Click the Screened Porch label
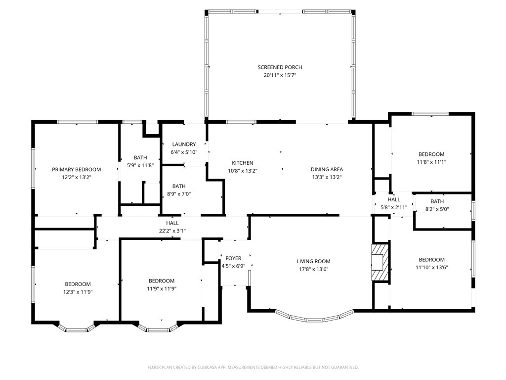click(280, 67)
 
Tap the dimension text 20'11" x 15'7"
click(280, 75)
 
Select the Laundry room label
click(184, 144)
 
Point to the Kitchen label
click(242, 163)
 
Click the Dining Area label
click(327, 169)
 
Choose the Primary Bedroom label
click(77, 169)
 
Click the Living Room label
click(313, 261)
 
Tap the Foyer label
click(233, 258)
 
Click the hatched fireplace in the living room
click(380, 262)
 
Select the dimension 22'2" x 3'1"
click(172, 231)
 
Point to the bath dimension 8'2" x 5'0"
click(437, 209)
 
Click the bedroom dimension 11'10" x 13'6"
click(431, 267)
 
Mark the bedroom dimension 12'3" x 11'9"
click(78, 292)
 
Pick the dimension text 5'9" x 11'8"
click(140, 165)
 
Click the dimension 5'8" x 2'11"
click(394, 207)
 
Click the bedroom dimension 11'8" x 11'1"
click(431, 162)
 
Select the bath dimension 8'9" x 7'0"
click(179, 194)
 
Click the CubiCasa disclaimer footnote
click(253, 367)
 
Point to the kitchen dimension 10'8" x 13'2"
click(242, 171)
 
